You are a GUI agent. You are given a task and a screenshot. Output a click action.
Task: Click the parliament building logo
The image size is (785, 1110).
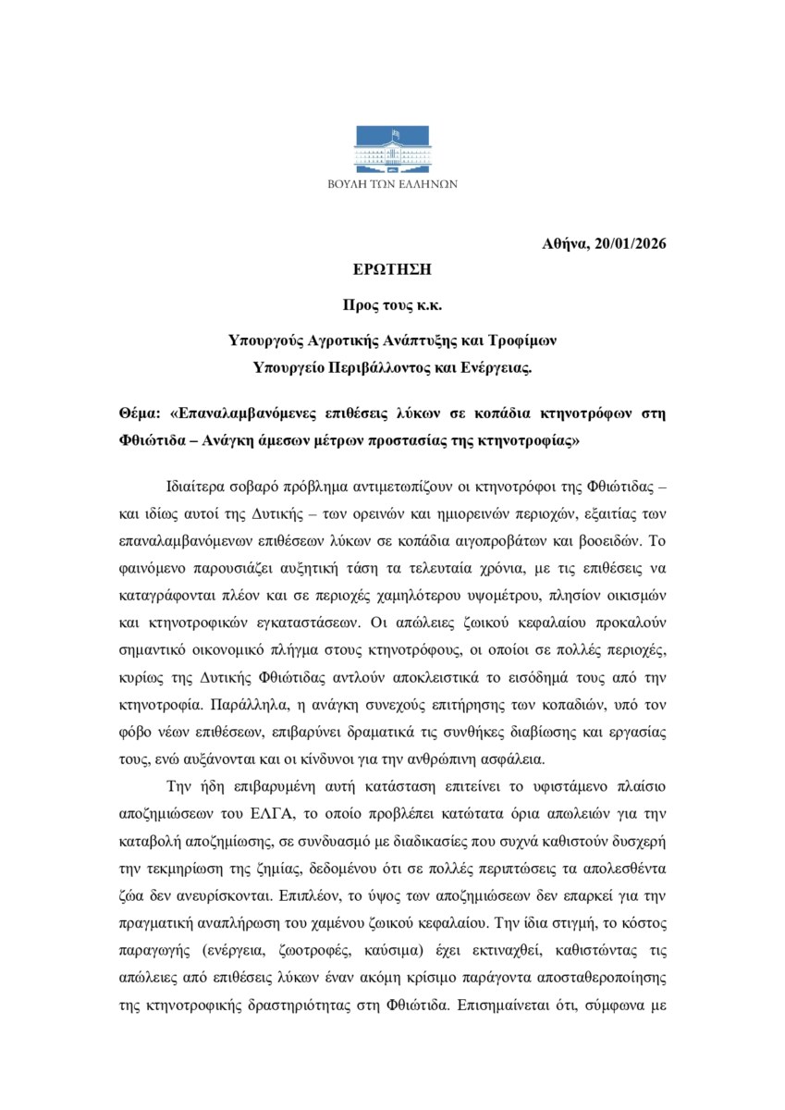(393, 150)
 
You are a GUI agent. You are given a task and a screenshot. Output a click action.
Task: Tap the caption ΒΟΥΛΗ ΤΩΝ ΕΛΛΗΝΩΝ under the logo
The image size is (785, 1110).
(393, 184)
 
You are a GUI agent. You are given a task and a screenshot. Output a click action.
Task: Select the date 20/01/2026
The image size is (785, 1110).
(632, 244)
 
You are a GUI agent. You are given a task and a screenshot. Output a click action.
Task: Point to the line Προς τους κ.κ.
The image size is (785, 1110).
(393, 305)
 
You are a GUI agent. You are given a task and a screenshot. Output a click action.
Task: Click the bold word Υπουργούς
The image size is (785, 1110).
(267, 340)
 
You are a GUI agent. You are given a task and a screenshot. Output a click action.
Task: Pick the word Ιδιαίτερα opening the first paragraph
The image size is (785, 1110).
(197, 486)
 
